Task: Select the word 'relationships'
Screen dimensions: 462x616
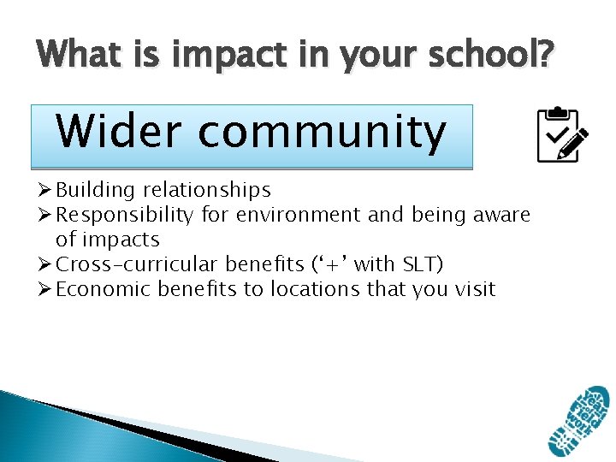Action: (207, 190)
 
